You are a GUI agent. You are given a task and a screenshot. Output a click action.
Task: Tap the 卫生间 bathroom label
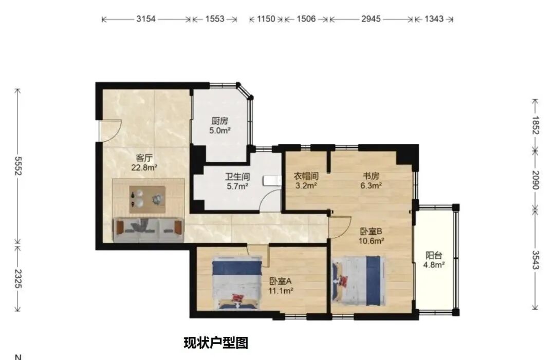point(237,177)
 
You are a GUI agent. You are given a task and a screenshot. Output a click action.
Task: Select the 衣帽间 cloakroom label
point(306,176)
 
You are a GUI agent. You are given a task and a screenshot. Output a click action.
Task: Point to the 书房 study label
point(370,176)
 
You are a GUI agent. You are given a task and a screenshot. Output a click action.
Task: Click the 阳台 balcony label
point(434,255)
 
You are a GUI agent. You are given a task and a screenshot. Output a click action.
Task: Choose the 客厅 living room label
point(144,158)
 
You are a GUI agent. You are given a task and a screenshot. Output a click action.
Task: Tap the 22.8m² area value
point(144,167)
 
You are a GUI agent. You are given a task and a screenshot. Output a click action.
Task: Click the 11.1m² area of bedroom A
point(281,291)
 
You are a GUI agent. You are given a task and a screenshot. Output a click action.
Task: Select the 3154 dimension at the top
point(147,19)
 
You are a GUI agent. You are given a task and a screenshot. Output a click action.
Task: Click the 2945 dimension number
point(371,19)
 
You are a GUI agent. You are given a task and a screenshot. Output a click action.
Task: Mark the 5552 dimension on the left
point(18,166)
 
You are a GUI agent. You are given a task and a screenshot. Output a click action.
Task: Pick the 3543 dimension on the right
point(536,259)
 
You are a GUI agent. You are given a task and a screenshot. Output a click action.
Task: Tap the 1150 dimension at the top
point(266,19)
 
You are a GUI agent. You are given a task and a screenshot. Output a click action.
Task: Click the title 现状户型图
point(216,343)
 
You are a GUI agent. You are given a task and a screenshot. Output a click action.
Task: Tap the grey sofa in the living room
point(149,230)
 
